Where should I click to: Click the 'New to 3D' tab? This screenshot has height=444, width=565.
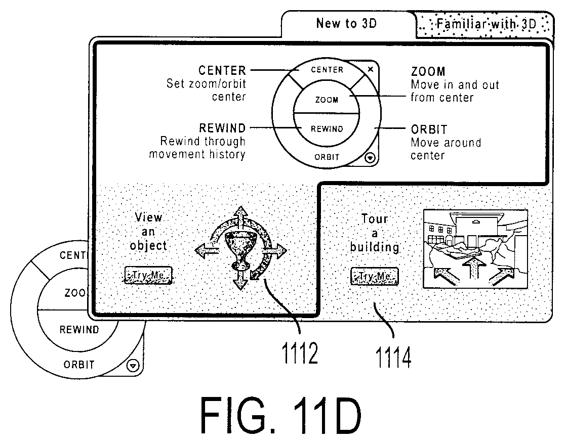coord(347,24)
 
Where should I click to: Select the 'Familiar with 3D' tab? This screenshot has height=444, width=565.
coord(486,24)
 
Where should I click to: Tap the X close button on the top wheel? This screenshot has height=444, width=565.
coord(371,69)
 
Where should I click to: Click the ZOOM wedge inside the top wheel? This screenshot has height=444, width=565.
coord(327,100)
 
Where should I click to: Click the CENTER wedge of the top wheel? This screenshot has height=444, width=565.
coord(327,70)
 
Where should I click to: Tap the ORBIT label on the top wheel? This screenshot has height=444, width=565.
coord(327,157)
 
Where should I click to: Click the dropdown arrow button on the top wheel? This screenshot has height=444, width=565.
coord(370,158)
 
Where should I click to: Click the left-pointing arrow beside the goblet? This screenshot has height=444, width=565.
coord(207,250)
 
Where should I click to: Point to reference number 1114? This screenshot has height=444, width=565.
coord(393,357)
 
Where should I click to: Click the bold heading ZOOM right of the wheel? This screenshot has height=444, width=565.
coord(428,72)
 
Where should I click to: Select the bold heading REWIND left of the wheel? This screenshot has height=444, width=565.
coord(222,128)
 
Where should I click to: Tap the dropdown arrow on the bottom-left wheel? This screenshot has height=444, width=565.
coord(133,366)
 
